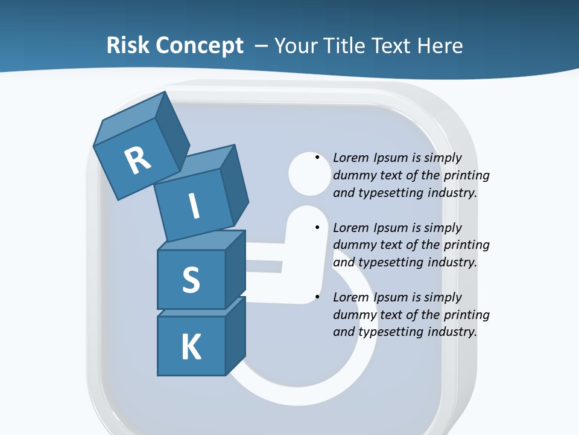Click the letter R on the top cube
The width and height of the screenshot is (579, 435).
pyautogui.click(x=138, y=160)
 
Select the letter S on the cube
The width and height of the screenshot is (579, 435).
pyautogui.click(x=191, y=280)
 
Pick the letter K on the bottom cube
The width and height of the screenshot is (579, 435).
pyautogui.click(x=191, y=347)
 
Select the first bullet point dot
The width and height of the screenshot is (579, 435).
pyautogui.click(x=317, y=158)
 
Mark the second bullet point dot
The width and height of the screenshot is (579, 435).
pyautogui.click(x=317, y=228)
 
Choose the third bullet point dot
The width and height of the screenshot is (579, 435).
pyautogui.click(x=317, y=297)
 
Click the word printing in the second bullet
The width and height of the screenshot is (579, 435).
pyautogui.click(x=466, y=245)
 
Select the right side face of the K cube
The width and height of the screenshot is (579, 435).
pyautogui.click(x=235, y=335)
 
